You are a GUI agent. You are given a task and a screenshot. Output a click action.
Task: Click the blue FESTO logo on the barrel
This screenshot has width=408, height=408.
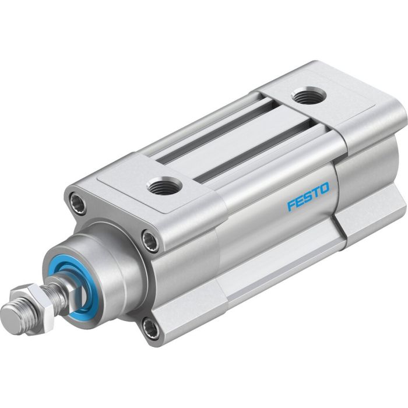pyautogui.click(x=308, y=197)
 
